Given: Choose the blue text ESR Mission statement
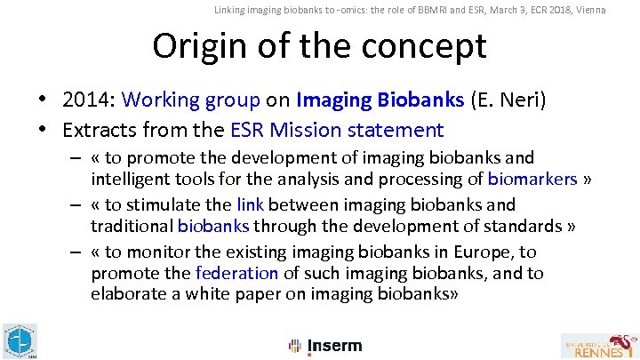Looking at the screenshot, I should click(337, 130).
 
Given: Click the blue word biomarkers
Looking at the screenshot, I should click(532, 179).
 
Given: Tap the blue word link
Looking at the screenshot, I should click(250, 204).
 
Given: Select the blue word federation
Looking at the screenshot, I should click(236, 273).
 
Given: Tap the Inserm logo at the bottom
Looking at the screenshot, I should click(325, 346).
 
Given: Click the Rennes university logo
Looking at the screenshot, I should click(599, 345).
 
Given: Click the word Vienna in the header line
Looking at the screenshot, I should click(588, 10).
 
